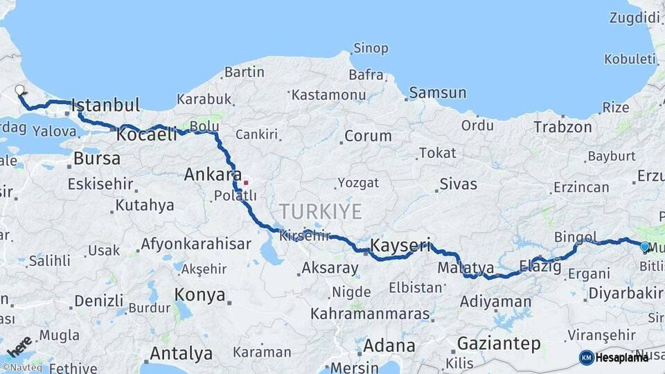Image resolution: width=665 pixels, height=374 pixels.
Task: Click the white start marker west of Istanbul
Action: tap(19, 89)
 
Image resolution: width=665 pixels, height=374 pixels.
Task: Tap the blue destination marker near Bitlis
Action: tap(644, 247)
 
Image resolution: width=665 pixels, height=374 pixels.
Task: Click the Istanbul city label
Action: tap(105, 106)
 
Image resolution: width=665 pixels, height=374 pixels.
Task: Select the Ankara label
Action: tap(213, 175)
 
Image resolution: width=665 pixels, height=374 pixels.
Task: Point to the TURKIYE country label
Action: tap(320, 211)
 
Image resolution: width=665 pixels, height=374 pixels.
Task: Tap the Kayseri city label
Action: tap(400, 245)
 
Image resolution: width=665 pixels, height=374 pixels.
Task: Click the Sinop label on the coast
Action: tap(371, 48)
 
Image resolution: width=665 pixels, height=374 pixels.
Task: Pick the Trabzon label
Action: tap(562, 127)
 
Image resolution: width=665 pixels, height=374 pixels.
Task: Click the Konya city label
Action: tap(199, 295)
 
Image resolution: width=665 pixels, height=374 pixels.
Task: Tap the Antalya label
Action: tap(181, 353)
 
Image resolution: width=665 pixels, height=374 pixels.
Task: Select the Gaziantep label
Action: tap(499, 344)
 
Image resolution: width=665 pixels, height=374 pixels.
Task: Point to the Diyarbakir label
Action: tap(626, 294)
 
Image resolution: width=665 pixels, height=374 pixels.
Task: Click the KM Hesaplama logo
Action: tap(613, 357)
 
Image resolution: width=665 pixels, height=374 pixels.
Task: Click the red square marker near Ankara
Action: tap(245, 183)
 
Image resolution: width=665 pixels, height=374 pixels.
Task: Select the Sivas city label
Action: tap(459, 184)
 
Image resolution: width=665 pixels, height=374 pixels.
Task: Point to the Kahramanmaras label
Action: tap(370, 314)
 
